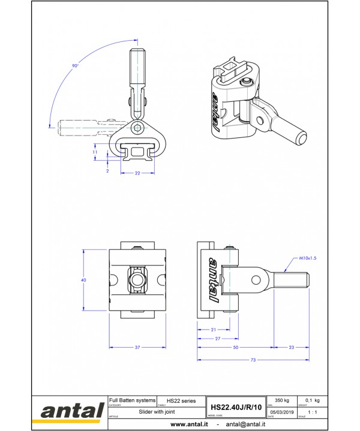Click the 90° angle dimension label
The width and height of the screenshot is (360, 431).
pos(75,65)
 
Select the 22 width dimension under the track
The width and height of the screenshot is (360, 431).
pos(137,173)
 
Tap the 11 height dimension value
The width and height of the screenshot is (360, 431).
pos(95,153)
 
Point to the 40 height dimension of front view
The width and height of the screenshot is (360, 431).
pos(84,280)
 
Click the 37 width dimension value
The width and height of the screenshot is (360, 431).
pos(137,347)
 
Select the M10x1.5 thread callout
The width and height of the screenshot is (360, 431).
pos(307,258)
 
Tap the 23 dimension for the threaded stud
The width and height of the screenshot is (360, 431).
pos(292,347)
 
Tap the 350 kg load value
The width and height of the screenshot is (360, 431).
pos(282,399)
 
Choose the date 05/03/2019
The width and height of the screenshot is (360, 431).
pos(281,412)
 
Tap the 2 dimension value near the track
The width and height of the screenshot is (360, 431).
pos(108,171)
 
